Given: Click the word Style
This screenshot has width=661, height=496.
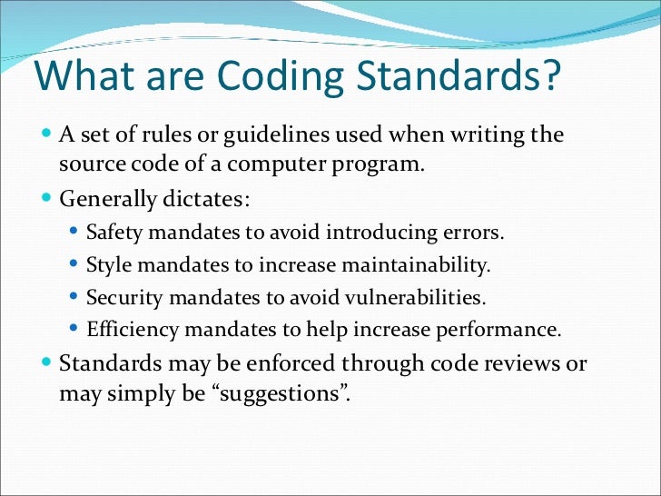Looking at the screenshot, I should [108, 265].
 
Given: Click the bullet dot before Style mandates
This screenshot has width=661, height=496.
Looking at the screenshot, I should [74, 265].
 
